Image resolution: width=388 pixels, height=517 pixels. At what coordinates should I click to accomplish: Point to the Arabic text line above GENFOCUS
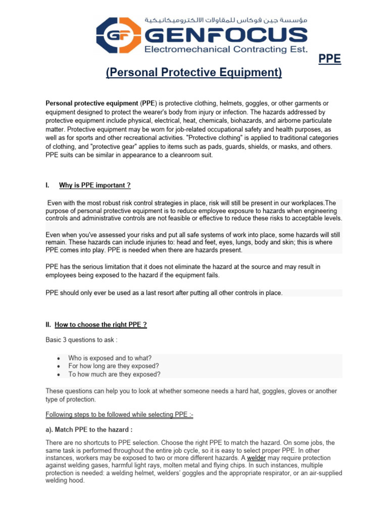225,20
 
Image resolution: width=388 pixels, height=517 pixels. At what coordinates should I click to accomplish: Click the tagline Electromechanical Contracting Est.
225,49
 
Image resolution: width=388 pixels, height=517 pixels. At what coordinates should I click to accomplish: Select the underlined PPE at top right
329,60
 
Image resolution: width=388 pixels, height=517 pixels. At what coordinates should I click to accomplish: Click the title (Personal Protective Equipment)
194,73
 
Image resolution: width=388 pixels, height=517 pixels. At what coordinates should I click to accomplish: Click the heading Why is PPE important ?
95,185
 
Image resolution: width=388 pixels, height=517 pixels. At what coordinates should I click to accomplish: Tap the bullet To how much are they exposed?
114,374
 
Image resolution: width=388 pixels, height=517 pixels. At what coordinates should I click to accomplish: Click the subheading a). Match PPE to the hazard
89,430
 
